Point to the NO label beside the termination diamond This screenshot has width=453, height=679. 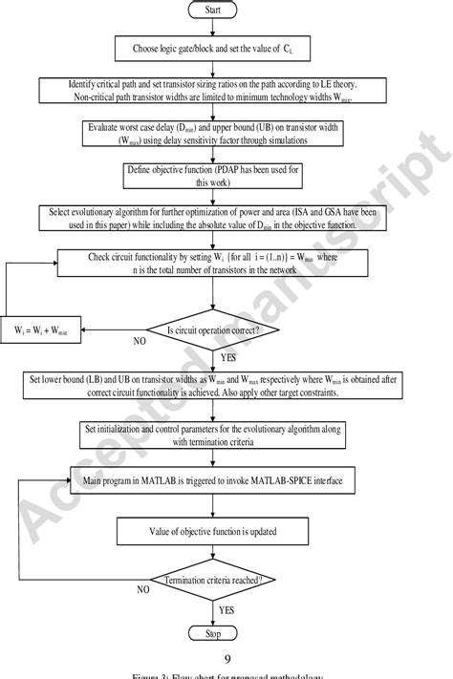click(143, 589)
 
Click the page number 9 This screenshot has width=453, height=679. click(226, 658)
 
